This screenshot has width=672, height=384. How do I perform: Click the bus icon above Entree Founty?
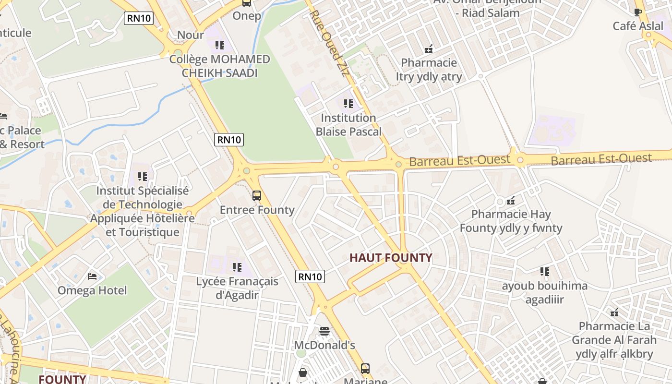click(257, 196)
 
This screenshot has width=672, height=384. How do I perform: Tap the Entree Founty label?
click(257, 210)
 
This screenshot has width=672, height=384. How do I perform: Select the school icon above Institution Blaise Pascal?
click(348, 104)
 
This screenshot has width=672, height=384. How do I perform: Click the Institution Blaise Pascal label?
click(348, 125)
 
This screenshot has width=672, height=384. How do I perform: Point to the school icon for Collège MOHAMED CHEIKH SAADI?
click(220, 45)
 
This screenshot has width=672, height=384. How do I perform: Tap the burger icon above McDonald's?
click(324, 331)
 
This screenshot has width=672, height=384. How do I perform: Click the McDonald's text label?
click(324, 345)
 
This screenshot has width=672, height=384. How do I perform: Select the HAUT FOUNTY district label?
click(390, 258)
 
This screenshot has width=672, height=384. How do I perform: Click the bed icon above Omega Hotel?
click(92, 276)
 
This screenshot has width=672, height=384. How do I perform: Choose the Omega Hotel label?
click(92, 290)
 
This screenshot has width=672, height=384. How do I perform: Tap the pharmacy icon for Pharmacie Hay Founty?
click(511, 200)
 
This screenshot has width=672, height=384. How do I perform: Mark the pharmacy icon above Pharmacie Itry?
click(429, 48)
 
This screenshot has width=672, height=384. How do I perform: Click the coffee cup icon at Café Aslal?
click(638, 12)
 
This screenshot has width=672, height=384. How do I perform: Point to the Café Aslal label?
click(638, 26)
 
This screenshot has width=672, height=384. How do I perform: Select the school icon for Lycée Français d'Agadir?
click(237, 267)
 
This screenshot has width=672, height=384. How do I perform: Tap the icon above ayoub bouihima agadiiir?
click(544, 272)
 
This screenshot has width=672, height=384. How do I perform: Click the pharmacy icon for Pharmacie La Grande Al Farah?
click(614, 312)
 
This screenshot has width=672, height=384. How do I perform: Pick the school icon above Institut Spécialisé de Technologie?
click(142, 177)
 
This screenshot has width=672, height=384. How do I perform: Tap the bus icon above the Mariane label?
click(365, 369)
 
